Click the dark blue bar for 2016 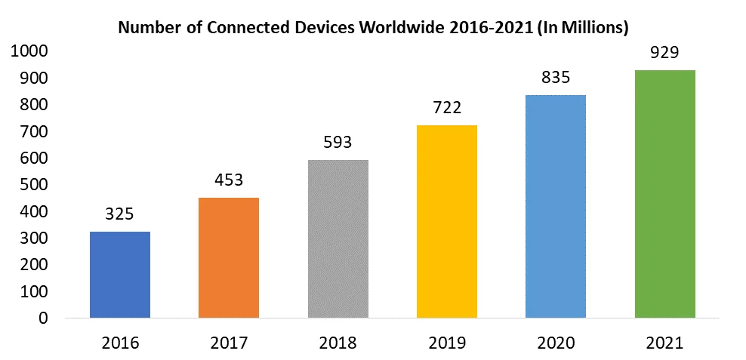[x=120, y=275]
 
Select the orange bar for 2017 [x=229, y=257]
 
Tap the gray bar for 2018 [x=338, y=238]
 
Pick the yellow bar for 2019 [x=446, y=221]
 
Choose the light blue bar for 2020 [x=555, y=206]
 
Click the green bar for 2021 [x=664, y=194]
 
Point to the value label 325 [x=120, y=214]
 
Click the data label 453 [x=229, y=180]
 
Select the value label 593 [x=338, y=142]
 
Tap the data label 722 [x=446, y=107]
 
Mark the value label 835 [x=555, y=77]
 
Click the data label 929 [x=664, y=52]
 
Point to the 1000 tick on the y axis [x=29, y=51]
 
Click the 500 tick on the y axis [x=33, y=185]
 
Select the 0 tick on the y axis [x=43, y=318]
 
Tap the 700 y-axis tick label [x=33, y=131]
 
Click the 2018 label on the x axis [x=338, y=343]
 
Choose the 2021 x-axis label [x=664, y=343]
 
